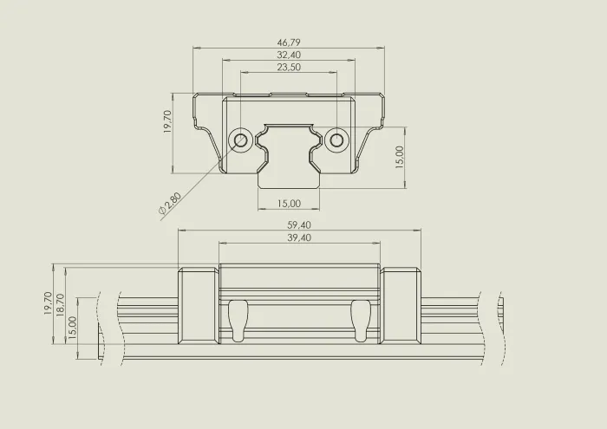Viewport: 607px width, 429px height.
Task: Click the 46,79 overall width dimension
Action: click(x=289, y=42)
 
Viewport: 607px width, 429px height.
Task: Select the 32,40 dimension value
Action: click(x=289, y=55)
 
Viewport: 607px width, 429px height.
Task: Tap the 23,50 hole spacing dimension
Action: click(x=289, y=67)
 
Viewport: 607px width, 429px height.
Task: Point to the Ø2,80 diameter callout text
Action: click(x=170, y=204)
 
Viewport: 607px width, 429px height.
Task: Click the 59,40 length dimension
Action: click(x=299, y=224)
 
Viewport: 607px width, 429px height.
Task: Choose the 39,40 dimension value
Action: click(x=299, y=237)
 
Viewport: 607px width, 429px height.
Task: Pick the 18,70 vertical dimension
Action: click(x=60, y=305)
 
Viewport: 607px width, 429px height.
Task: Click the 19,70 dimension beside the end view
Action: click(x=167, y=121)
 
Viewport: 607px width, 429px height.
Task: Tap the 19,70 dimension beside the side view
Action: click(x=48, y=303)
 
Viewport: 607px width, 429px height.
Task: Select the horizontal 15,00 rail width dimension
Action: click(x=289, y=203)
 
